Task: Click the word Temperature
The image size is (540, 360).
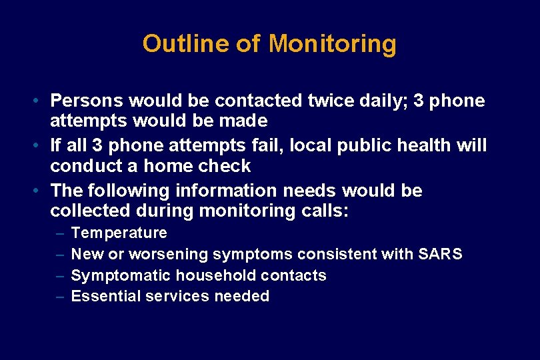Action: (119, 233)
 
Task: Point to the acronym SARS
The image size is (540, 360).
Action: (441, 254)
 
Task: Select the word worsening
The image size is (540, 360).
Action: (169, 254)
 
